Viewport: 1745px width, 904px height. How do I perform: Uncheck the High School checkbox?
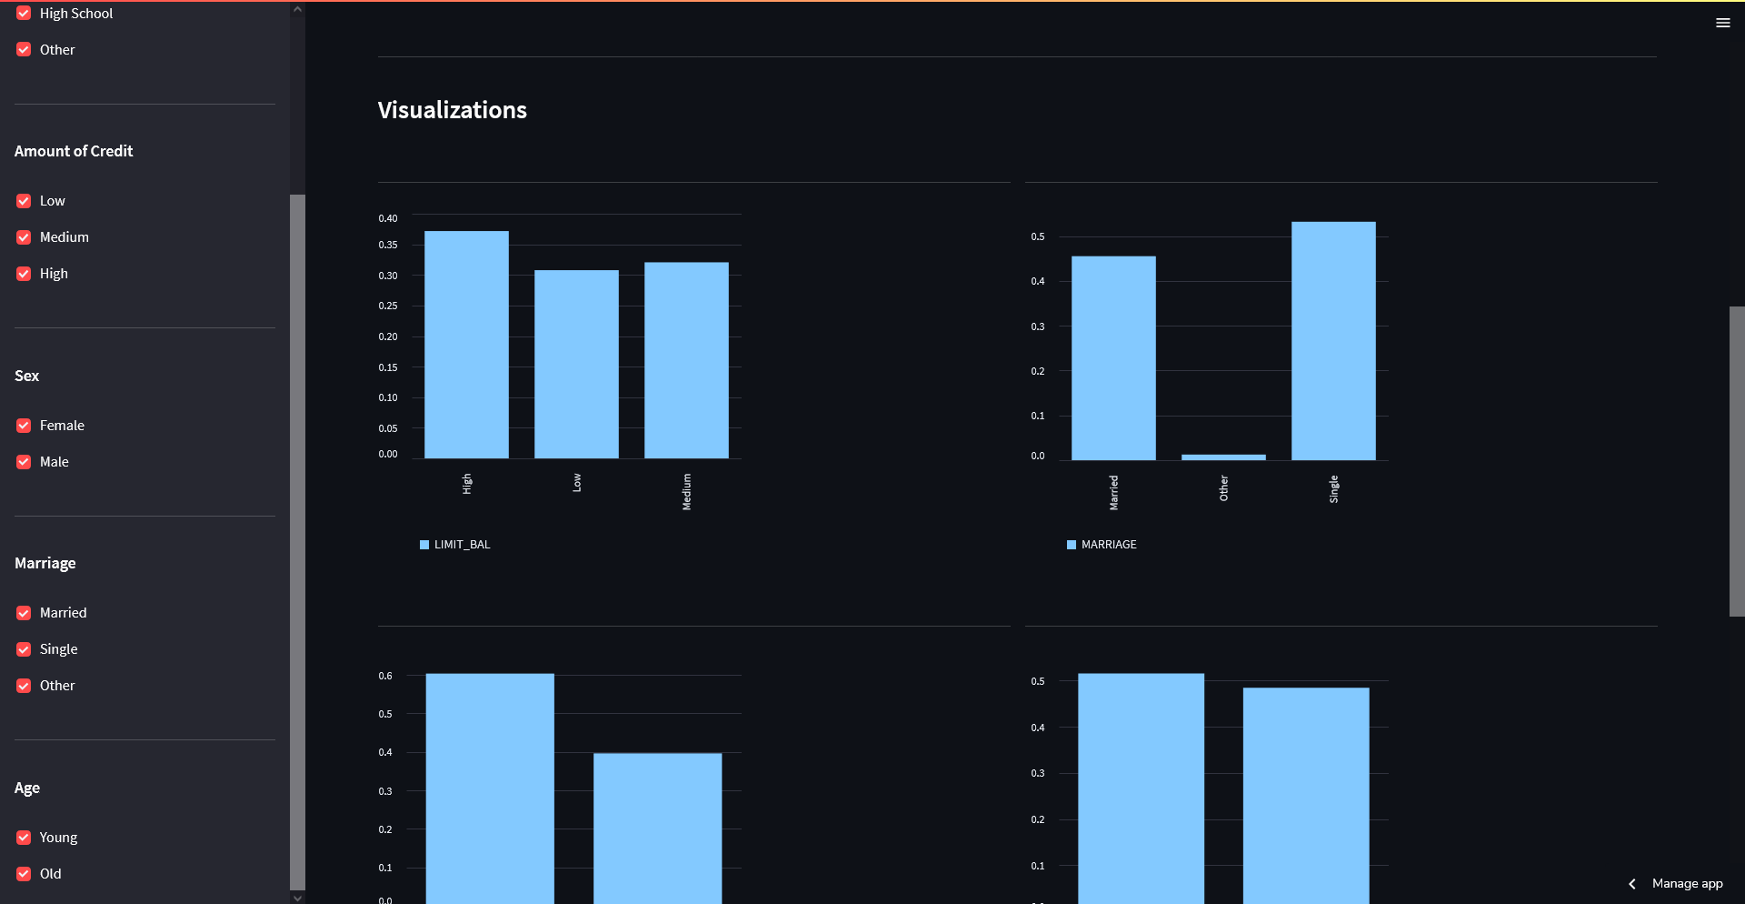point(24,14)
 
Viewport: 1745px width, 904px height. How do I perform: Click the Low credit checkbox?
point(24,201)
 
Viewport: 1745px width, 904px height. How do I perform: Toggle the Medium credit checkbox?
point(24,237)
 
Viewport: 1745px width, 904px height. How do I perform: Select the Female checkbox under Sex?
point(24,426)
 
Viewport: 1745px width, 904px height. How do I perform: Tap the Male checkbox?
point(24,462)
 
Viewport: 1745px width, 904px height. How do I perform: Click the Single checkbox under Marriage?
point(24,649)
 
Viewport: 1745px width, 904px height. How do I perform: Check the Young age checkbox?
point(24,838)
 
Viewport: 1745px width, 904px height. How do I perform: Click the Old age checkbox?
point(24,874)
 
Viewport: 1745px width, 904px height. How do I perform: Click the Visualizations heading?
point(452,110)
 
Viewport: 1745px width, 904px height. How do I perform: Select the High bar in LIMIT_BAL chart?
point(466,346)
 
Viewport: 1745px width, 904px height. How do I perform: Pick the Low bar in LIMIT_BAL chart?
point(576,364)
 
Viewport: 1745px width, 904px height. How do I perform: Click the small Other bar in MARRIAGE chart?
point(1223,457)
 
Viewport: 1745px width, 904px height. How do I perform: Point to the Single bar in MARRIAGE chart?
point(1333,341)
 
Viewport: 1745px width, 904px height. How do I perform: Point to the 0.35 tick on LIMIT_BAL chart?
point(388,246)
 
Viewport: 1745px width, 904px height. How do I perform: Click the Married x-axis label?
point(1113,492)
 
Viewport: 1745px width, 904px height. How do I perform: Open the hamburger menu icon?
point(1722,23)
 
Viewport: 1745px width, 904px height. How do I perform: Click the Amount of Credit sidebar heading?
point(74,151)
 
